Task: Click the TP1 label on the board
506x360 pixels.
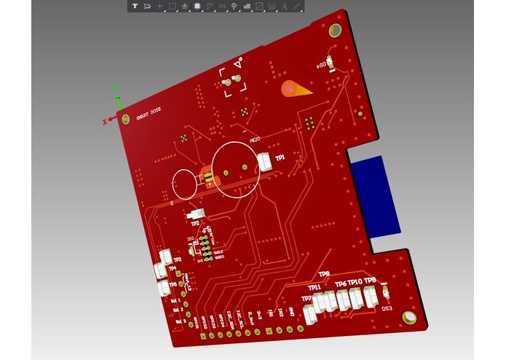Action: click(280, 157)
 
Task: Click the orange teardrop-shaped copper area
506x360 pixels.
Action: click(295, 90)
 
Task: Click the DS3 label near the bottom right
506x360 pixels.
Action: click(387, 308)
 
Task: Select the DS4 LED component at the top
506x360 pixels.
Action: click(330, 64)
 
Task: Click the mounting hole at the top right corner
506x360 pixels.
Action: click(336, 30)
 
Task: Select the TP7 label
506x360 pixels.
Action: click(307, 299)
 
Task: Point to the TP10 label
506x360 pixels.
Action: click(355, 282)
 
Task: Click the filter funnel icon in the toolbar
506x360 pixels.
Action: click(135, 6)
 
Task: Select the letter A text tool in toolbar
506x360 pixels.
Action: click(284, 6)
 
